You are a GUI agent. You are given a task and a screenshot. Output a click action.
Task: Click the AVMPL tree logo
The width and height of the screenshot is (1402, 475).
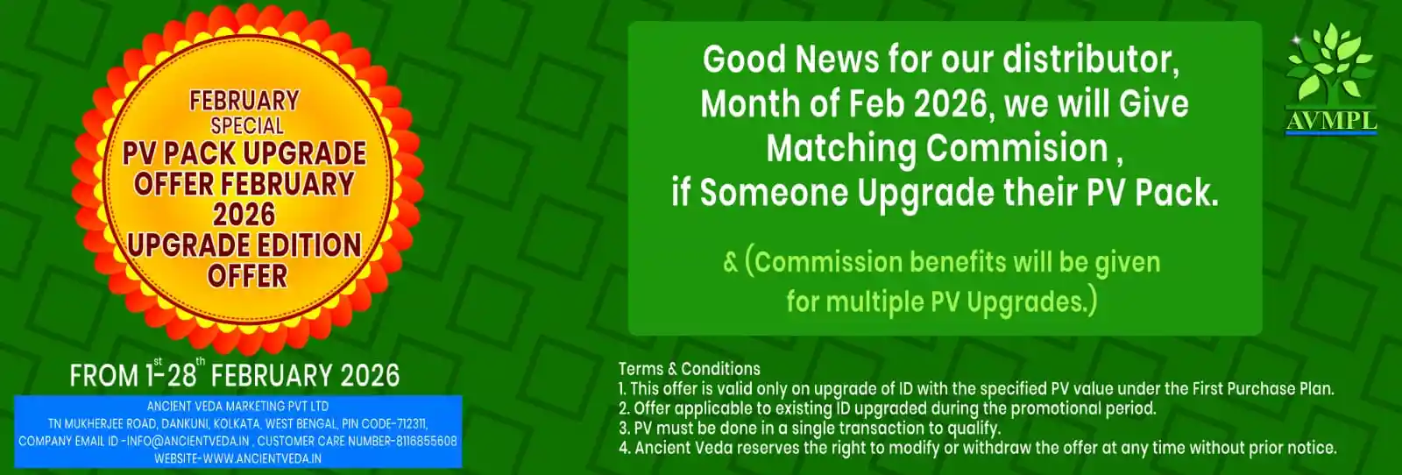click(x=1331, y=79)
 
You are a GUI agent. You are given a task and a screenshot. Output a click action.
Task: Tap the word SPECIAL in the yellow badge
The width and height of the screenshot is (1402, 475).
click(x=247, y=126)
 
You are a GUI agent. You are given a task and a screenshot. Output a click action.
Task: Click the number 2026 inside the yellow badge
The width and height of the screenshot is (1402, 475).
click(x=244, y=215)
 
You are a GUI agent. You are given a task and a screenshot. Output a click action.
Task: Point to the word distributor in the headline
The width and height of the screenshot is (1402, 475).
click(x=1091, y=60)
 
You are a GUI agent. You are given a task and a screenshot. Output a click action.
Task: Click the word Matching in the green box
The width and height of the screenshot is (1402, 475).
click(x=840, y=150)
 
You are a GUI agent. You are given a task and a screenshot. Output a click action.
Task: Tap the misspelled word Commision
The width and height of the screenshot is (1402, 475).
click(x=1017, y=149)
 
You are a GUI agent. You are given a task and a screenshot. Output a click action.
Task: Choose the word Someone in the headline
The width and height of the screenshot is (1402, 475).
click(x=773, y=193)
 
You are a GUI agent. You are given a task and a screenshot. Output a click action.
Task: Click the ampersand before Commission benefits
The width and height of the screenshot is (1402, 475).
click(x=731, y=263)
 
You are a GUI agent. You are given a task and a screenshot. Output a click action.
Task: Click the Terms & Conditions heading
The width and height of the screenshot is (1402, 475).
click(x=689, y=369)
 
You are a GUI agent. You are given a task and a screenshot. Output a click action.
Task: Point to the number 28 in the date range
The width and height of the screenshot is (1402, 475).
click(x=182, y=376)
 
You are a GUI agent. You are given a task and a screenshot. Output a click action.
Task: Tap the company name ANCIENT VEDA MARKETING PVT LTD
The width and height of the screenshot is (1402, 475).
click(x=237, y=406)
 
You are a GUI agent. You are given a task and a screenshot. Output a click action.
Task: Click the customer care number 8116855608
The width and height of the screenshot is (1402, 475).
click(x=426, y=441)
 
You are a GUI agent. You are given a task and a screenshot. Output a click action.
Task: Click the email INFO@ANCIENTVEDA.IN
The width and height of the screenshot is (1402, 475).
click(x=188, y=441)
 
